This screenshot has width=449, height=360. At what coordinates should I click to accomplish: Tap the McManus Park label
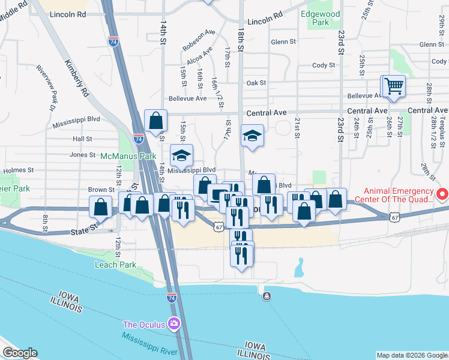click(x=128, y=156)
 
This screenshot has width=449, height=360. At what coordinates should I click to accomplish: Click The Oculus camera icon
click(x=174, y=324)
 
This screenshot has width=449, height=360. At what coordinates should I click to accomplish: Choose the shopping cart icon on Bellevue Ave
click(x=394, y=87)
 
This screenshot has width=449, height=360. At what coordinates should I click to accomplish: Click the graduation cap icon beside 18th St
click(x=253, y=136)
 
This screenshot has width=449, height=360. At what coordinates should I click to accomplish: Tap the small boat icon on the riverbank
click(x=266, y=296)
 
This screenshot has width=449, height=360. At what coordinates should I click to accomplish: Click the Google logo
click(x=20, y=353)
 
